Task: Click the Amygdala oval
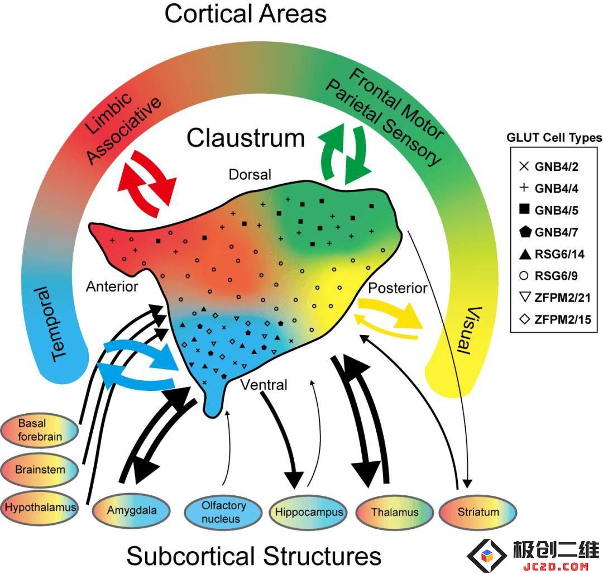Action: coord(131,510)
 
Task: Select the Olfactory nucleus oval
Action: coord(223,512)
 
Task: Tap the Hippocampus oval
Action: coord(308,512)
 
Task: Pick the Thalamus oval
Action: coord(395,512)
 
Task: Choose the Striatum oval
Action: coord(477,512)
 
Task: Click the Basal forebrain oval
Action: coord(39,430)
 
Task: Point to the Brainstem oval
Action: coord(39,470)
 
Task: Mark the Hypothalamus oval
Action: coord(39,508)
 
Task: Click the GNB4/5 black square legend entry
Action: coord(548,210)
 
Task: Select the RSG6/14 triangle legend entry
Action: coord(552,253)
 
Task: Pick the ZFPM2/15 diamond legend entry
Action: coord(554,319)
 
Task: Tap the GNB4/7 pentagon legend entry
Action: coord(548,232)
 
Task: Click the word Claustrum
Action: coord(245,138)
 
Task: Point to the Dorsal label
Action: coord(250,175)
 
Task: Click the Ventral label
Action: coord(264,385)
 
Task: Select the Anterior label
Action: coord(112,286)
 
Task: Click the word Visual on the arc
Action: coord(469,330)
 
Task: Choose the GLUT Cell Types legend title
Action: coord(554,137)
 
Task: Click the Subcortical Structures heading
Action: coord(254,556)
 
